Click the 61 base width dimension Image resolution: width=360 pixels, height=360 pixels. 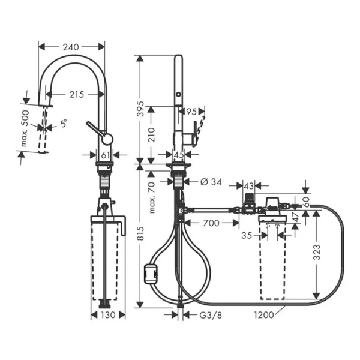106,155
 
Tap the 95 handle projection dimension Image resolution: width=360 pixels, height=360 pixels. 191,111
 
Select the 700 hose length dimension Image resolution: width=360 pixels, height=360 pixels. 211,223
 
